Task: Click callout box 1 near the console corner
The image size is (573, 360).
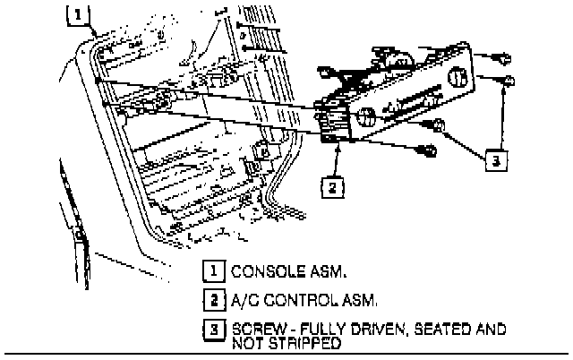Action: [x=80, y=14]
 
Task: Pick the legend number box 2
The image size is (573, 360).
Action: [x=216, y=299]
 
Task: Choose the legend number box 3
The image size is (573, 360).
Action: [x=216, y=331]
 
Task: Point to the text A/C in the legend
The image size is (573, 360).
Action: [x=244, y=300]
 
